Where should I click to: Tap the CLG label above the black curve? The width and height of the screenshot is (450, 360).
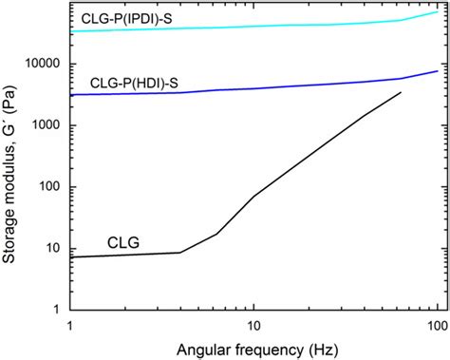(123, 243)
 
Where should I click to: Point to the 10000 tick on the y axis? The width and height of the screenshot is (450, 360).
(43, 64)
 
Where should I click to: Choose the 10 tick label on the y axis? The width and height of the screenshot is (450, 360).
(54, 249)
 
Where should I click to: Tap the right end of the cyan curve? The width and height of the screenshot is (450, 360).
(437, 11)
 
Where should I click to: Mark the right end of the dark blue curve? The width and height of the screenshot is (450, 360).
(437, 71)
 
